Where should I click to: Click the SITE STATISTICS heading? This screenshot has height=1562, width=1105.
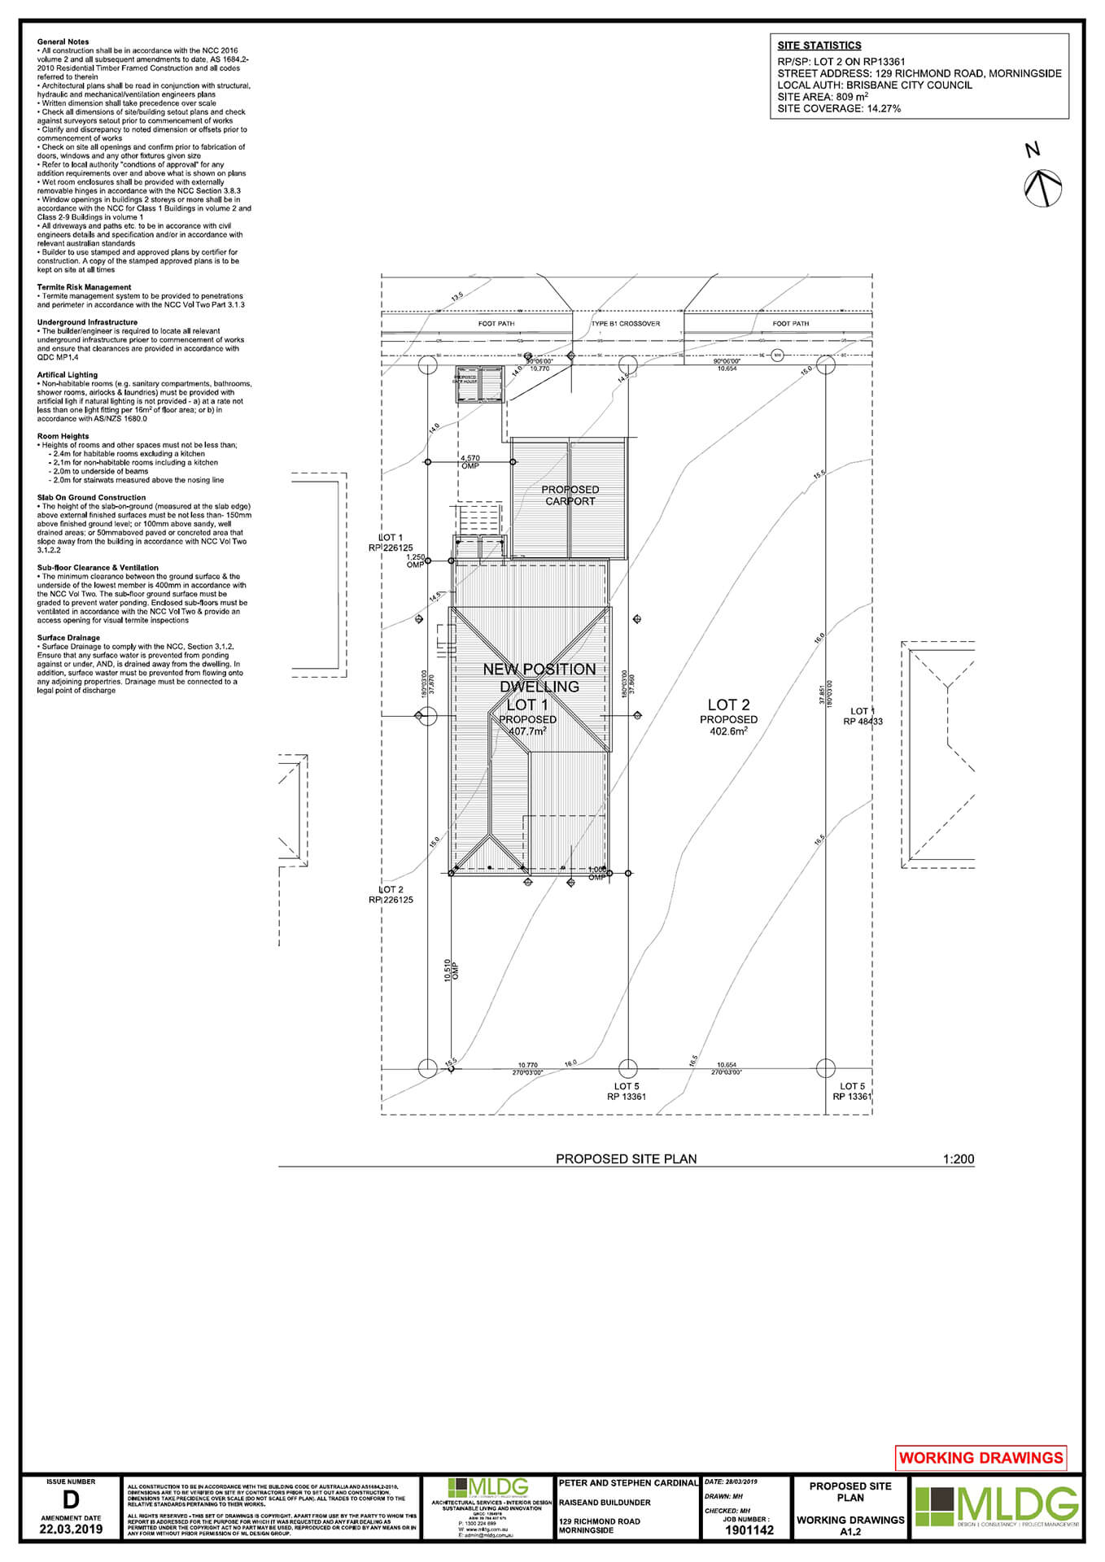(819, 46)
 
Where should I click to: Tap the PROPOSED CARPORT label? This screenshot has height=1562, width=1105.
(570, 495)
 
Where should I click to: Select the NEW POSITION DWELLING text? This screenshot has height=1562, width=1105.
(539, 678)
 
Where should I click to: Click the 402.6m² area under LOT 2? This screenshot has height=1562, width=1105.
(728, 731)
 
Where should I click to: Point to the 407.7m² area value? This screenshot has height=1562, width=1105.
(527, 731)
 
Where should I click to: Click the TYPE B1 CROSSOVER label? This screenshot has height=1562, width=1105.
(626, 324)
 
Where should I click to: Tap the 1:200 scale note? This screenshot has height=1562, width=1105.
(958, 1159)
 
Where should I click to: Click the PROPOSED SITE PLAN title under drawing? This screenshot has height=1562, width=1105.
(626, 1159)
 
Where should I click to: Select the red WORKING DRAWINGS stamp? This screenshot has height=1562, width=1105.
(981, 1458)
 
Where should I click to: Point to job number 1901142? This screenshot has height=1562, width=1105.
(749, 1530)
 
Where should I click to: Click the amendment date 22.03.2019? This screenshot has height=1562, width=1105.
(71, 1529)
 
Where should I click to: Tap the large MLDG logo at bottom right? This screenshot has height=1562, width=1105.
(997, 1507)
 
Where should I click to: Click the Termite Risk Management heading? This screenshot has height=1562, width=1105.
(84, 287)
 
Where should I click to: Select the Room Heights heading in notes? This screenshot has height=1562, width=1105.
(63, 436)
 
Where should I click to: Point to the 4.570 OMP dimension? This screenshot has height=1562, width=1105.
(470, 461)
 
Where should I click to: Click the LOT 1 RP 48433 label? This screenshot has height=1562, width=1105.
(863, 716)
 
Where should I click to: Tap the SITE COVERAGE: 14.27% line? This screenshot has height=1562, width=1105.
(838, 108)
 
